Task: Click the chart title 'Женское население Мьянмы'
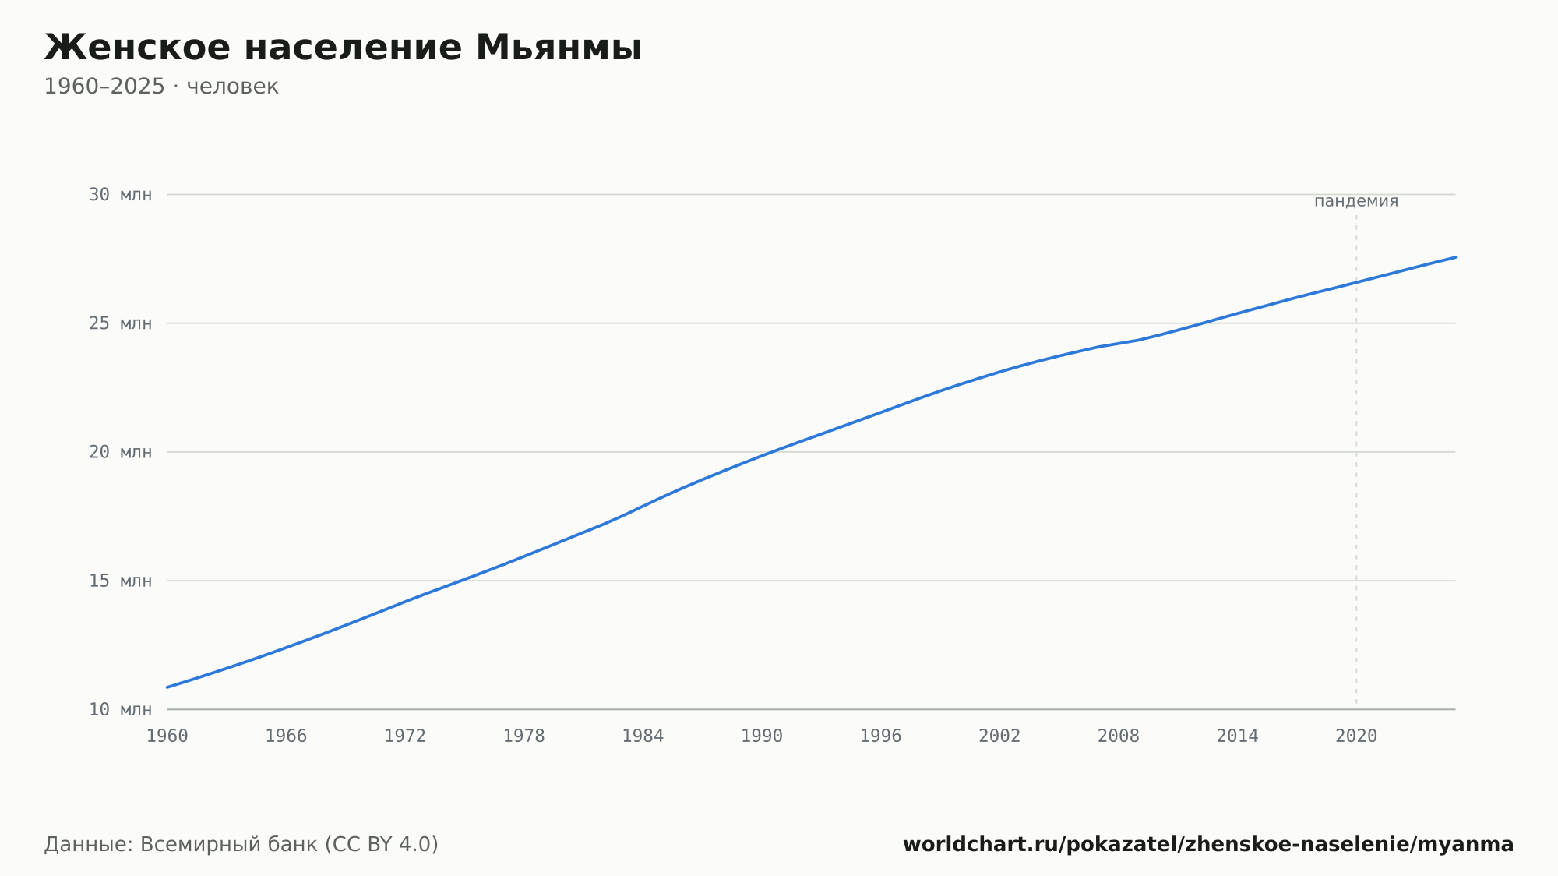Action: coord(343,48)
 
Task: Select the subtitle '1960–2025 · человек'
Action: coord(161,87)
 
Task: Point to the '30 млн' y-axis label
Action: coord(120,195)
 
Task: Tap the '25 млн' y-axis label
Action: coord(120,323)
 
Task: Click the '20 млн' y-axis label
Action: coord(120,452)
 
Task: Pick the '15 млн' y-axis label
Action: coord(120,581)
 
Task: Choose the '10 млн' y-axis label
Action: coord(120,709)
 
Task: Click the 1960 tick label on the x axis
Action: coord(167,736)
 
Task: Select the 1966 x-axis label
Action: coord(286,736)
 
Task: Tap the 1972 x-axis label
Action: coord(405,736)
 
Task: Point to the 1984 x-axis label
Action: coord(643,736)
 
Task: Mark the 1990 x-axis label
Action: coord(762,736)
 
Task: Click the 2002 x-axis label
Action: coord(999,736)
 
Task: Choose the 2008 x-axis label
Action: coord(1119,736)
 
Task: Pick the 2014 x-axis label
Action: coord(1238,736)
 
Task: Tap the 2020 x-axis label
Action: coord(1356,736)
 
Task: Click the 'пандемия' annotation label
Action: coord(1356,201)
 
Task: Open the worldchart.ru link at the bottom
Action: coord(1208,845)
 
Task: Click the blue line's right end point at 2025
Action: coord(1455,257)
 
